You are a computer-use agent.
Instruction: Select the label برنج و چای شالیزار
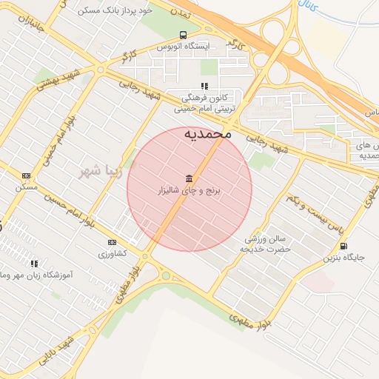pyautogui.click(x=190, y=191)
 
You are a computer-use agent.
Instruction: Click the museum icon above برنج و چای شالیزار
pyautogui.click(x=189, y=178)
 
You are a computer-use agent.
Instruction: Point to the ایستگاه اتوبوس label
pyautogui.click(x=184, y=46)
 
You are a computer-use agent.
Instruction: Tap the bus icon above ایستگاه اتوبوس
pyautogui.click(x=183, y=35)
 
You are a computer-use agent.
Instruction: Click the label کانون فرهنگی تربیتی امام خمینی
pyautogui.click(x=205, y=102)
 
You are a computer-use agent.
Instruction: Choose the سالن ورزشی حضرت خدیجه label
pyautogui.click(x=266, y=244)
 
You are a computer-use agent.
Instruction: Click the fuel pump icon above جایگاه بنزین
pyautogui.click(x=343, y=246)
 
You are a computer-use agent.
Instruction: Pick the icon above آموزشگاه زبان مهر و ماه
pyautogui.click(x=34, y=263)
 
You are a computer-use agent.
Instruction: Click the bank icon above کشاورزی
pyautogui.click(x=112, y=242)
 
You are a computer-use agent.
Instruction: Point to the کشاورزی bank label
pyautogui.click(x=113, y=253)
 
